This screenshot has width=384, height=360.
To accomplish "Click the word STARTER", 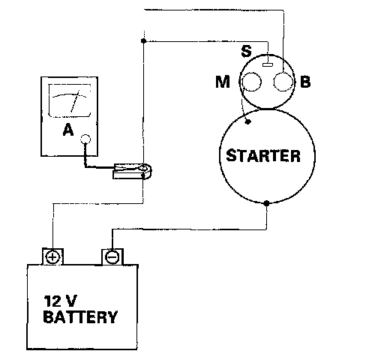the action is (263, 156).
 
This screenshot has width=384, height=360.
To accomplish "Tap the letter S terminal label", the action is (246, 51).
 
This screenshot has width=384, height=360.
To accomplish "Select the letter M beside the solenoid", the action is (223, 82).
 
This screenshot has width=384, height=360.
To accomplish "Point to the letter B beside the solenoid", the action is (305, 82).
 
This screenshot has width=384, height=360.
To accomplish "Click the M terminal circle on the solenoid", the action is (251, 82).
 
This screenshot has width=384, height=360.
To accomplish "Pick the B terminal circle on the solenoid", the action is (283, 82).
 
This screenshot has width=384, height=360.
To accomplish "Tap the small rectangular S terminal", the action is (268, 64).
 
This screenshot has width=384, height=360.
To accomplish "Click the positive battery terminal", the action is (52, 256).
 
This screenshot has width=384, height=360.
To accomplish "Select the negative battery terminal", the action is (112, 256).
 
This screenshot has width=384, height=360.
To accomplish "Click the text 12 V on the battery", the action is (60, 301).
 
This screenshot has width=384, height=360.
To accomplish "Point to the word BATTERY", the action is (80, 317).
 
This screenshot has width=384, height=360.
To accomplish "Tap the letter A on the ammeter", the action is (68, 130).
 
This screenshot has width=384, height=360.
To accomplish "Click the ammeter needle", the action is (75, 101).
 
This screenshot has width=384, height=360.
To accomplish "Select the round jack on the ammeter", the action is (85, 139).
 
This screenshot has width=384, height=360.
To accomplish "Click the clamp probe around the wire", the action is (133, 171).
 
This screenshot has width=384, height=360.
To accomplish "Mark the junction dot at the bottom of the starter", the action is (266, 203).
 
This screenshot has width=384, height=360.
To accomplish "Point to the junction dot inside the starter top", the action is (247, 121).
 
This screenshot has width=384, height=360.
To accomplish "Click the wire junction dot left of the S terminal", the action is (143, 40).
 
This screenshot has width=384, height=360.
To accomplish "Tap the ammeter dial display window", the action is (70, 100).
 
